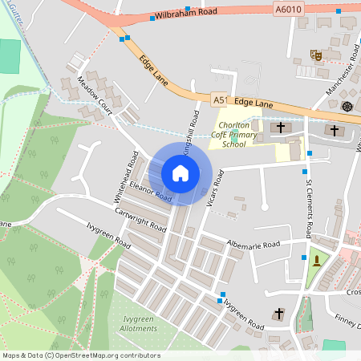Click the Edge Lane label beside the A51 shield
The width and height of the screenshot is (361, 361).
pyautogui.click(x=255, y=104)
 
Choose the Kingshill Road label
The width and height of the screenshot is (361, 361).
pyautogui.click(x=190, y=132)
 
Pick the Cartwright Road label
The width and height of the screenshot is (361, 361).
pyautogui.click(x=140, y=217)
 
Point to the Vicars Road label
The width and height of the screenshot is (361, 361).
pyautogui.click(x=213, y=189)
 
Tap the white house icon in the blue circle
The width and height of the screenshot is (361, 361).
pyautogui.click(x=180, y=172)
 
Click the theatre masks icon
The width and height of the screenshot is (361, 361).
pyautogui.click(x=317, y=55)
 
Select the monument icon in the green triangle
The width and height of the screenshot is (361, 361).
pyautogui.click(x=318, y=261)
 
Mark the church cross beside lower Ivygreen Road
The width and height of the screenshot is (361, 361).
pyautogui.click(x=279, y=313)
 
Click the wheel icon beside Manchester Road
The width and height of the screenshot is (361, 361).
pyautogui.click(x=347, y=107)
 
